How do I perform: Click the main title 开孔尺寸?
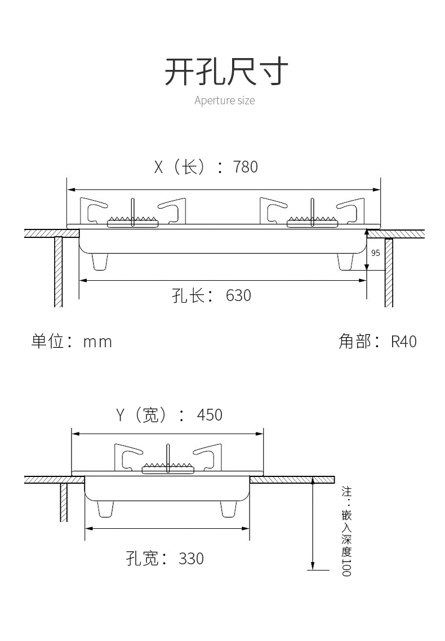pyautogui.click(x=226, y=72)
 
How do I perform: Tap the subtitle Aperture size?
pyautogui.click(x=224, y=101)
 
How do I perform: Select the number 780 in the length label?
pyautogui.click(x=245, y=167)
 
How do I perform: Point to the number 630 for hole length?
pyautogui.click(x=238, y=295)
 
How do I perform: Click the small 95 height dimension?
pyautogui.click(x=376, y=253)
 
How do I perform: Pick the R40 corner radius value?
pyautogui.click(x=404, y=342)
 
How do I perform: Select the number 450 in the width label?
pyautogui.click(x=210, y=415)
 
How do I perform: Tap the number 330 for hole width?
pyautogui.click(x=191, y=559)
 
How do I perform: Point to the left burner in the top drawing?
pyautogui.click(x=133, y=221)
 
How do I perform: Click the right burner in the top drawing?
pyautogui.click(x=312, y=221)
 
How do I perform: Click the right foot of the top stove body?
pyautogui.click(x=345, y=262)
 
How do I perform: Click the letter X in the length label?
pyautogui.click(x=159, y=167)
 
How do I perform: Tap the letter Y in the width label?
pyautogui.click(x=120, y=415)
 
